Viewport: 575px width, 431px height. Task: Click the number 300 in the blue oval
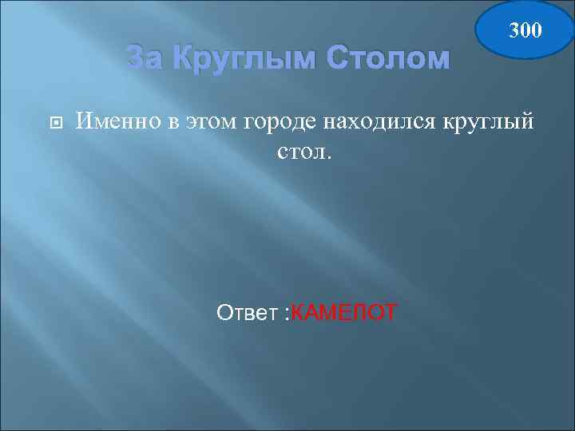tap(525, 30)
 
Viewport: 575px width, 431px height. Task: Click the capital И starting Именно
tap(82, 121)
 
